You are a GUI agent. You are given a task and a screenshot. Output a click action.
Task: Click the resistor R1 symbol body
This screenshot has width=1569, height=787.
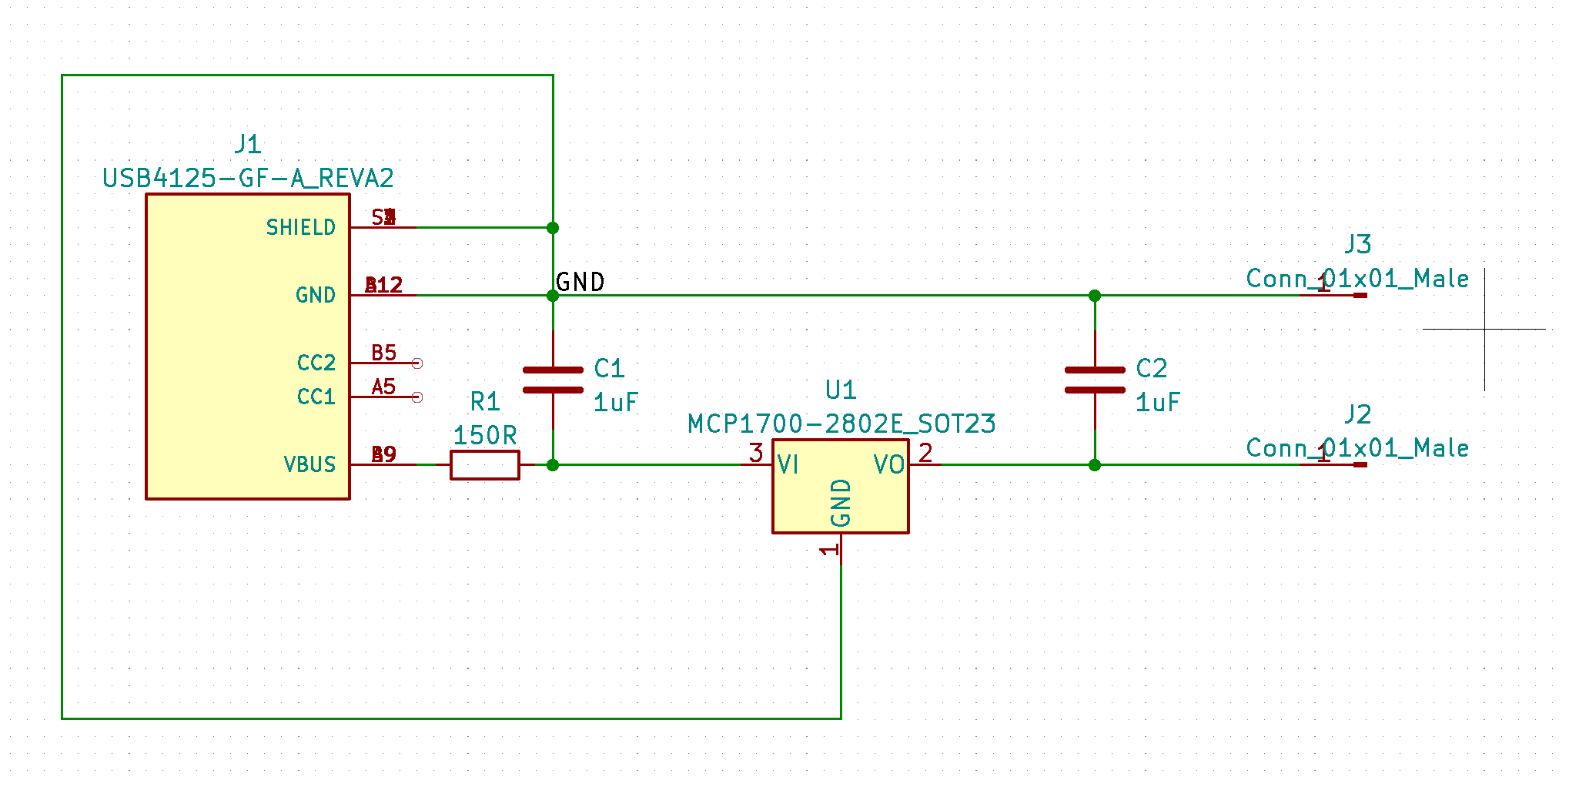(484, 465)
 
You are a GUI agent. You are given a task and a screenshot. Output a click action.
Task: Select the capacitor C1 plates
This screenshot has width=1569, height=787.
(553, 380)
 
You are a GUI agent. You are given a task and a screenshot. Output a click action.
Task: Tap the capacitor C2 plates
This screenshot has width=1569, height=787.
(1094, 380)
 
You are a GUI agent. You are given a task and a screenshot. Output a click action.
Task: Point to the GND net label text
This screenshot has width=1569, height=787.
(580, 283)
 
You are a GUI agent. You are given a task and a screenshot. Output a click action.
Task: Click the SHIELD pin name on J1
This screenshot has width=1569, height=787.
(300, 228)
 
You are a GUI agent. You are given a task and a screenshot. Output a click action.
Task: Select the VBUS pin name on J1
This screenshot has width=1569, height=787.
(309, 465)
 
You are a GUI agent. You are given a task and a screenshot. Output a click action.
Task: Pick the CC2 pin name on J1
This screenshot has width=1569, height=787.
(316, 363)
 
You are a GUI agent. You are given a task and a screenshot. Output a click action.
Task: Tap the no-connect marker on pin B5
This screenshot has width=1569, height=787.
(417, 363)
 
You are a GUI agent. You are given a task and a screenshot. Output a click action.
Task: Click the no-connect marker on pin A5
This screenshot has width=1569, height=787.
(417, 397)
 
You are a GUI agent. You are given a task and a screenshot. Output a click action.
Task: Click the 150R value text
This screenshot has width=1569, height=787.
(484, 436)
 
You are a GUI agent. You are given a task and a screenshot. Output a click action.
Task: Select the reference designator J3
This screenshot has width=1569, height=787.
(1358, 245)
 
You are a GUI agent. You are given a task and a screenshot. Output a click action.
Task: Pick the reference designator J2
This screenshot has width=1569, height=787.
(1358, 415)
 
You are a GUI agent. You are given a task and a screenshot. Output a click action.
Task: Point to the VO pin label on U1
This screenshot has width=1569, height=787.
(888, 465)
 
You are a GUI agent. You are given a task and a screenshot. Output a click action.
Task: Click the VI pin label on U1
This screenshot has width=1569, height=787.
(788, 465)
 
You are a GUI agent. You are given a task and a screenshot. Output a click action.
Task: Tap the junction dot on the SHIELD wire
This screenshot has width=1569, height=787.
(553, 228)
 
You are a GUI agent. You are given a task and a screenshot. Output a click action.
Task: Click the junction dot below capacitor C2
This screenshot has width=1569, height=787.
(1094, 465)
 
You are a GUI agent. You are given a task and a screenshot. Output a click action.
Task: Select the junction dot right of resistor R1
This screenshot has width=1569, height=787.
(553, 465)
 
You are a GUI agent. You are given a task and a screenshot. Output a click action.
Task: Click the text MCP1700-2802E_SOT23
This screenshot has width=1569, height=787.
(841, 424)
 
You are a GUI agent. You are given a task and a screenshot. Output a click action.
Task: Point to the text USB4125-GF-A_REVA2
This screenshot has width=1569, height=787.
(248, 179)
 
